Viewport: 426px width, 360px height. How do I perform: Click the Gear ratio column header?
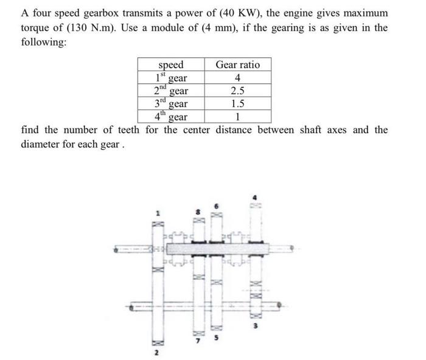237,65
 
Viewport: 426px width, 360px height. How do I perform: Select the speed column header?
170,65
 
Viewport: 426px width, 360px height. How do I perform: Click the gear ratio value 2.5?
237,91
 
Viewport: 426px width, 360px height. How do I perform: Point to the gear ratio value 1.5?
237,103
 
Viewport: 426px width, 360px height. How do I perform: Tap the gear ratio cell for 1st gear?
237,78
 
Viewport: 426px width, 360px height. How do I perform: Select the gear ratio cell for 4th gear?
237,116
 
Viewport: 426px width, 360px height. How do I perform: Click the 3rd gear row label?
170,103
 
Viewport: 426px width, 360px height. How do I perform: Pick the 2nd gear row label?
170,91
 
